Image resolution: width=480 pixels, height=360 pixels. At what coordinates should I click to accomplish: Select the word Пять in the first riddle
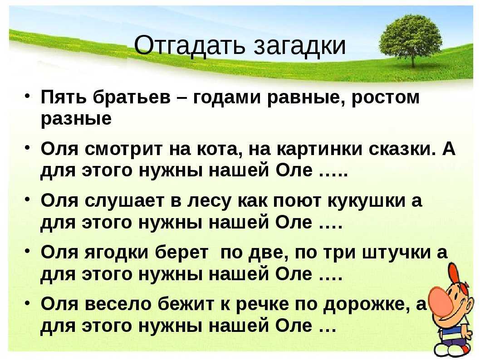click(64, 97)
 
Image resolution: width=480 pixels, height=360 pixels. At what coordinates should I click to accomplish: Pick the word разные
click(76, 119)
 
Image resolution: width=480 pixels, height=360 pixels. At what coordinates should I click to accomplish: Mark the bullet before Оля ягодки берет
click(27, 251)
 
